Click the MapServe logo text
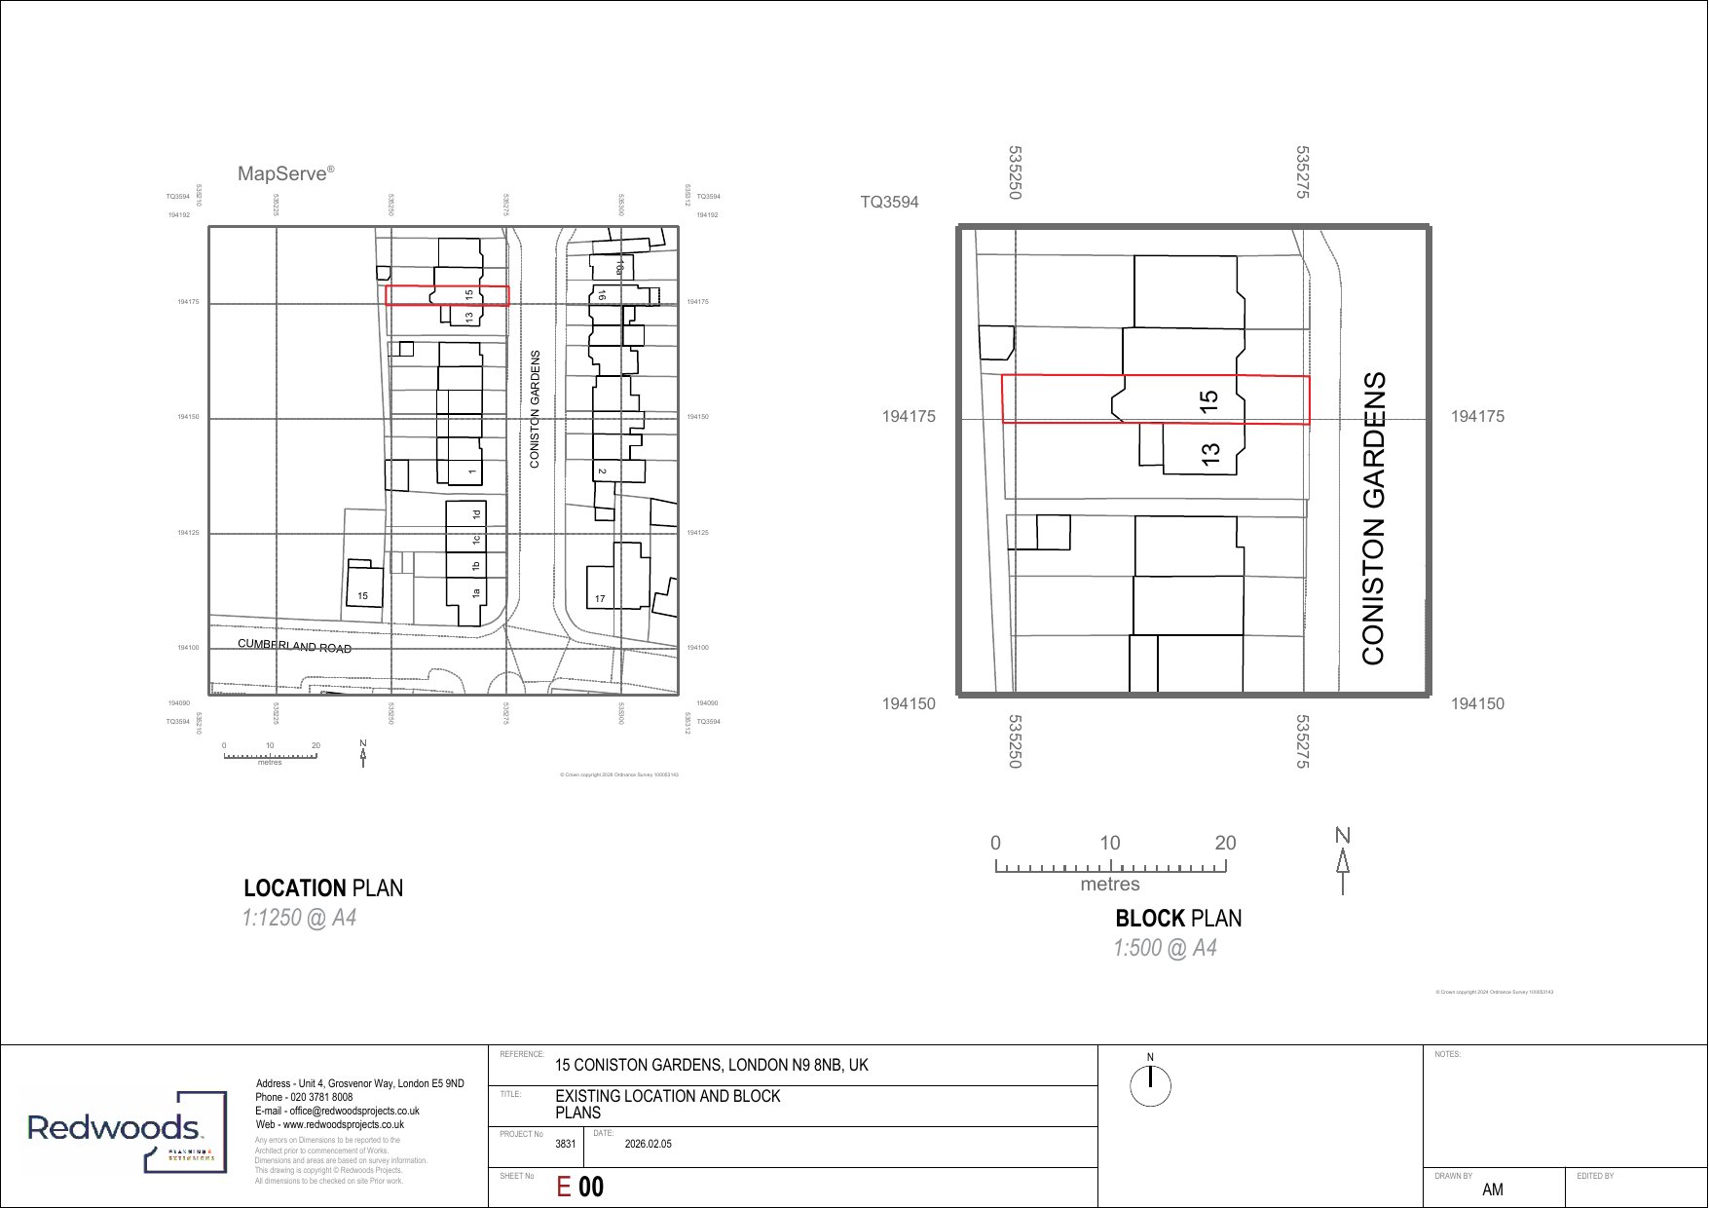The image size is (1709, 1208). [x=284, y=174]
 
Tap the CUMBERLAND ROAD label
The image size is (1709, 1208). [x=294, y=647]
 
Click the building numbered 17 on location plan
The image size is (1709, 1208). [x=600, y=598]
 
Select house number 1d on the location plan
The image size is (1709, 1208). [x=476, y=514]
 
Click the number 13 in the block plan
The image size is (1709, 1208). [x=1210, y=454]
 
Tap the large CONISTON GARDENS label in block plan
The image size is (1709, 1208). [x=1373, y=518]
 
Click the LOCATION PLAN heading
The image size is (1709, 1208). [x=322, y=888]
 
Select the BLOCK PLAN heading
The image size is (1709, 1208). [x=1177, y=919]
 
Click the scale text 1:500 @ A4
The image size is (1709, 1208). [x=1165, y=949]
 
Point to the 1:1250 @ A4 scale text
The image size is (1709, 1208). [x=299, y=919]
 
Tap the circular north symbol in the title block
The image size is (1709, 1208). [x=1150, y=1084]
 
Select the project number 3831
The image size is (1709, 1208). [x=565, y=1145]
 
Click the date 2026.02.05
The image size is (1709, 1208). [x=648, y=1145]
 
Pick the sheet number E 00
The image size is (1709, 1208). [x=579, y=1187]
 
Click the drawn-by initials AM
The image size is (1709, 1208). [x=1492, y=1189]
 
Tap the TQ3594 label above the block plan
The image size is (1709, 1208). [x=888, y=203]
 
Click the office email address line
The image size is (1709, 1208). [x=337, y=1111]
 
